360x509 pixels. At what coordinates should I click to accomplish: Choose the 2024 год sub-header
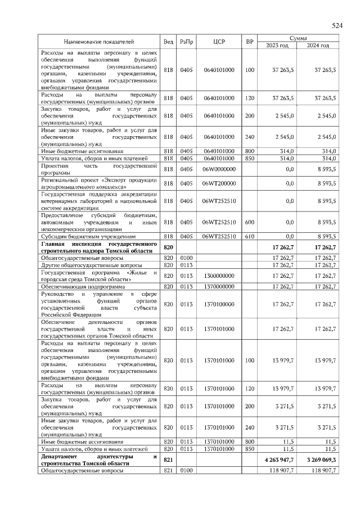pyautogui.click(x=318, y=46)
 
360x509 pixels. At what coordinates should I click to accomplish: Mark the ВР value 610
pyautogui.click(x=250, y=237)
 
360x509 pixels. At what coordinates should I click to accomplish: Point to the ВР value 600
pyautogui.click(x=250, y=222)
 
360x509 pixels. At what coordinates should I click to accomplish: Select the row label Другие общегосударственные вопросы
pyautogui.click(x=84, y=265)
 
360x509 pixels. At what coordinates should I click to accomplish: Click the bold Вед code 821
pyautogui.click(x=168, y=460)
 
